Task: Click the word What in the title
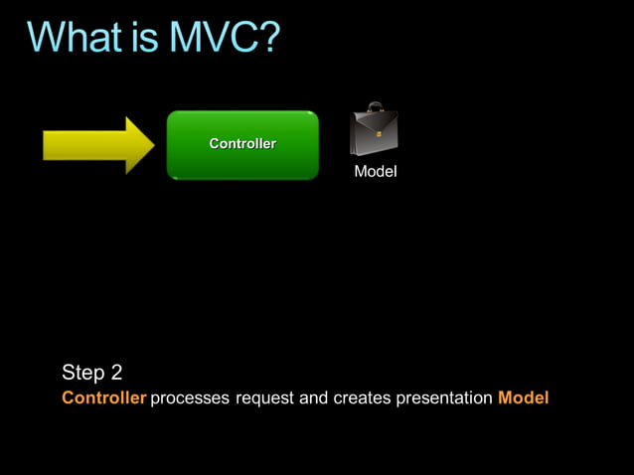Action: point(80,39)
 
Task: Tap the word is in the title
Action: point(152,39)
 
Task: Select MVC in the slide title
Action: point(215,39)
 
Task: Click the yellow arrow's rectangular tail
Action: point(81,145)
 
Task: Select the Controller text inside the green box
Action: point(241,144)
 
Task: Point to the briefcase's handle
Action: point(375,107)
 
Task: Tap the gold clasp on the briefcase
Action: point(379,135)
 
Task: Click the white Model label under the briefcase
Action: point(376,173)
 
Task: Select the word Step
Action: point(83,374)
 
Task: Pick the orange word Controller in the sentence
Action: point(103,399)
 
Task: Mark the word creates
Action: point(362,399)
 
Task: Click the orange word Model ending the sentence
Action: point(523,399)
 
